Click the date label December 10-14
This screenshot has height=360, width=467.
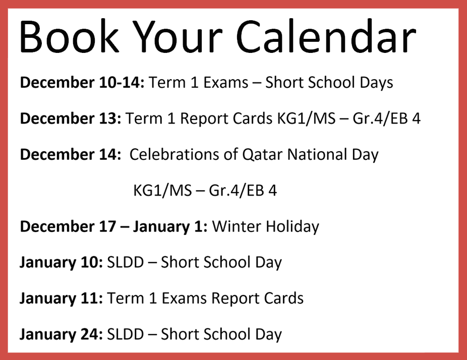[82, 83]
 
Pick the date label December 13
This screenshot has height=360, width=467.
[71, 118]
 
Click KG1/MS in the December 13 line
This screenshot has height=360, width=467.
[307, 118]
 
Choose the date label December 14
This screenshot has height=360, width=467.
[71, 155]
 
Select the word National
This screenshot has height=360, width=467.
[317, 155]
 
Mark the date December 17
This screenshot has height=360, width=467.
[68, 226]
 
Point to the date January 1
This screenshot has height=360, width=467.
[170, 227]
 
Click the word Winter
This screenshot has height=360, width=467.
[237, 226]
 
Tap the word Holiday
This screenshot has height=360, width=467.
[293, 227]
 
